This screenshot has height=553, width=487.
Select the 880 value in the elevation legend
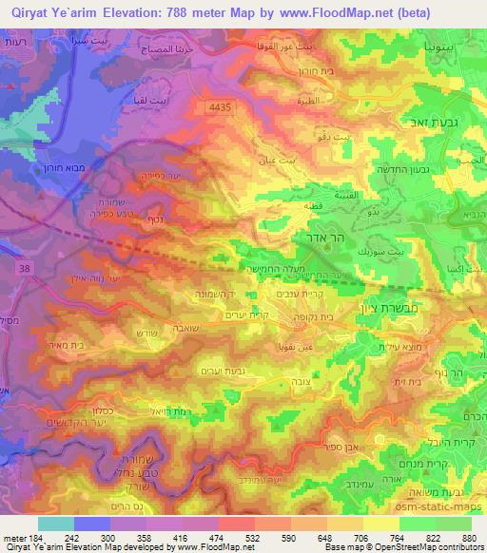point(469,536)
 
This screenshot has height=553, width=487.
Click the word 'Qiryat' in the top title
point(29,12)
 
